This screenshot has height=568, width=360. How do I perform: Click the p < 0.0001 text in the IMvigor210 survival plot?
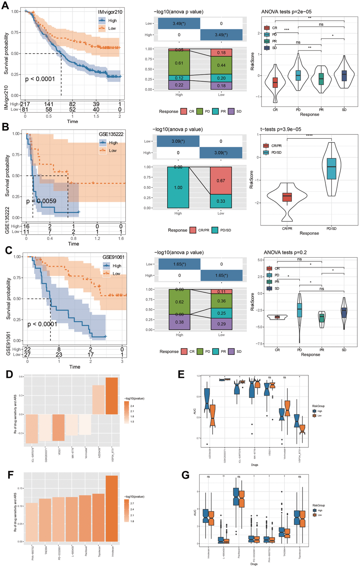40,79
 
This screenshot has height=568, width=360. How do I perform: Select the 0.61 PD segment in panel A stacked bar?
179,63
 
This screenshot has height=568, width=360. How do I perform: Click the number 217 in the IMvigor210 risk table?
25,104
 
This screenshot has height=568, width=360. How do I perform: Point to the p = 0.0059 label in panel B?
41,201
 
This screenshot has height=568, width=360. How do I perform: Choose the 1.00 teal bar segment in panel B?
178,188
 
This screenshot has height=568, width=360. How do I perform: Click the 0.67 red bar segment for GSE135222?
221,181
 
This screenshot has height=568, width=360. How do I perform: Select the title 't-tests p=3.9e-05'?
281,129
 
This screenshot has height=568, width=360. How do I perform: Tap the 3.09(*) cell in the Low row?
178,141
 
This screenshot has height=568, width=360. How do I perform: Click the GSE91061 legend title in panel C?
113,257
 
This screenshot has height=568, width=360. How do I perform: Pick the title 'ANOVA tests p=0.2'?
285,252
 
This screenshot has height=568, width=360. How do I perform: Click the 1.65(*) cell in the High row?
221,276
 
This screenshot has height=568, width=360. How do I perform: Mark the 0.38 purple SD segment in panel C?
179,322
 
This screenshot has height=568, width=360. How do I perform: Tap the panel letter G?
185,475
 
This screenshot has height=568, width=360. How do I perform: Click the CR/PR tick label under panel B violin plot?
287,229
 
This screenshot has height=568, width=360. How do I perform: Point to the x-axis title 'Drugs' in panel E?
254,465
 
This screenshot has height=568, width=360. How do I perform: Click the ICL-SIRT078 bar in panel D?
32,429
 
